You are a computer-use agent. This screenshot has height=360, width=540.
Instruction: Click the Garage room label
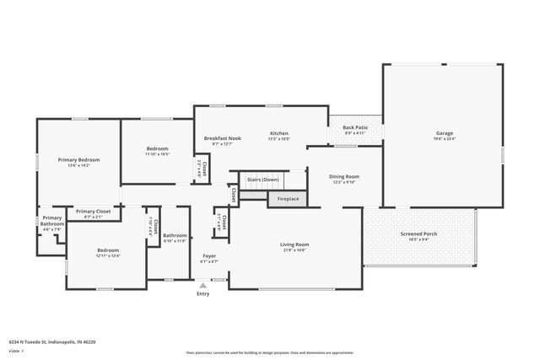pos(444,133)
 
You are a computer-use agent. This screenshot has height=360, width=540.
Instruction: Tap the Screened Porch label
pos(419,234)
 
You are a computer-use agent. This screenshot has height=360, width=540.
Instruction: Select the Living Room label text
pos(294,244)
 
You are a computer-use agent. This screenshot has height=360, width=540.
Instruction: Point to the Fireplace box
pos(283,199)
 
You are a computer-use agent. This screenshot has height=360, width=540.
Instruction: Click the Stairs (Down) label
pos(263,180)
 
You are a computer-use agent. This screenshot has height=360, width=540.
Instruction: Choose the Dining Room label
pos(343,176)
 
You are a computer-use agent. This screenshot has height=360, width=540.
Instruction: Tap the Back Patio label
pos(354,127)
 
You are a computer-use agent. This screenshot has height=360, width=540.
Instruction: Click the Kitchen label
pos(279,133)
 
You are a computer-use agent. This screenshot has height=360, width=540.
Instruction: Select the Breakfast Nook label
pos(222,138)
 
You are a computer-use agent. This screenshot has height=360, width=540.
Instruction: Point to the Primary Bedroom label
pos(78,159)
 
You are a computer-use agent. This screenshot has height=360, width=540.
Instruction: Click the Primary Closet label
pos(93,212)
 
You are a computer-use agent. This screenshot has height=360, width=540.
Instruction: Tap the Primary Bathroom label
pos(52,221)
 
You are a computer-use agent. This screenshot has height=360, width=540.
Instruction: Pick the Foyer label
pos(208,256)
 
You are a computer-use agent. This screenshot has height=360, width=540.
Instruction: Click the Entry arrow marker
pos(202,286)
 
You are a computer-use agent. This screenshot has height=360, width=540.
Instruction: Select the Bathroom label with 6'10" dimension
pos(175,235)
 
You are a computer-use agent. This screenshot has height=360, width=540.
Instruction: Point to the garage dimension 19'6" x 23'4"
pos(444,139)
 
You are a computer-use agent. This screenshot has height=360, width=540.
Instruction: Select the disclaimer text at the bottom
pos(270,351)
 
